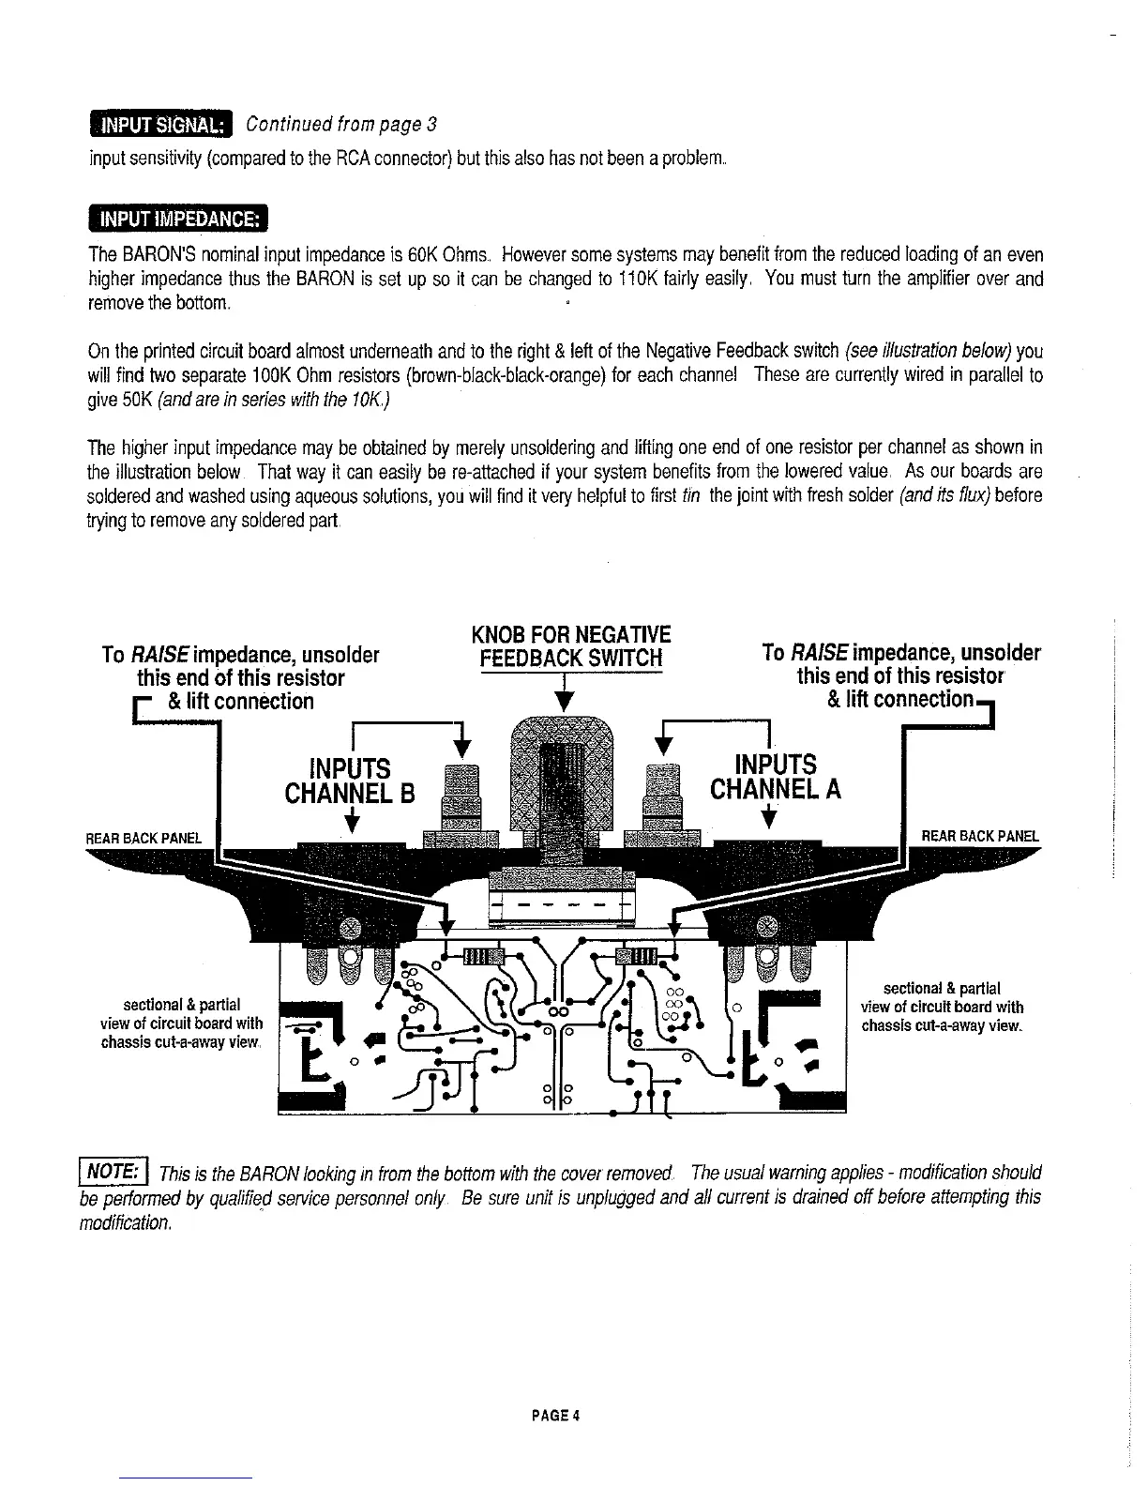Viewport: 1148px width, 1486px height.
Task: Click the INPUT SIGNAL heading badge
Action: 160,125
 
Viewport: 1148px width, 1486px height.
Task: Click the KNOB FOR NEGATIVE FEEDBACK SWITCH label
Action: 571,644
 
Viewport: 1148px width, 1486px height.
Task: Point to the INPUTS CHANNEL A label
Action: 776,777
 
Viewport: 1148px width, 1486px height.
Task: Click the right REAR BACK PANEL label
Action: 980,836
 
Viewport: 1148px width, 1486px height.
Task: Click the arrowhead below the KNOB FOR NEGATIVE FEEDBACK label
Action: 563,702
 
